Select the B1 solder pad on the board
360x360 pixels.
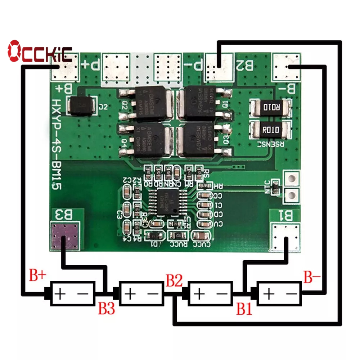point(285,238)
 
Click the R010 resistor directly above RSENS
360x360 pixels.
point(271,130)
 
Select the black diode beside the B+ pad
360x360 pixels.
point(82,106)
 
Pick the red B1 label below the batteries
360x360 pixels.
point(245,309)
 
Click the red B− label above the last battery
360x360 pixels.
point(312,278)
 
